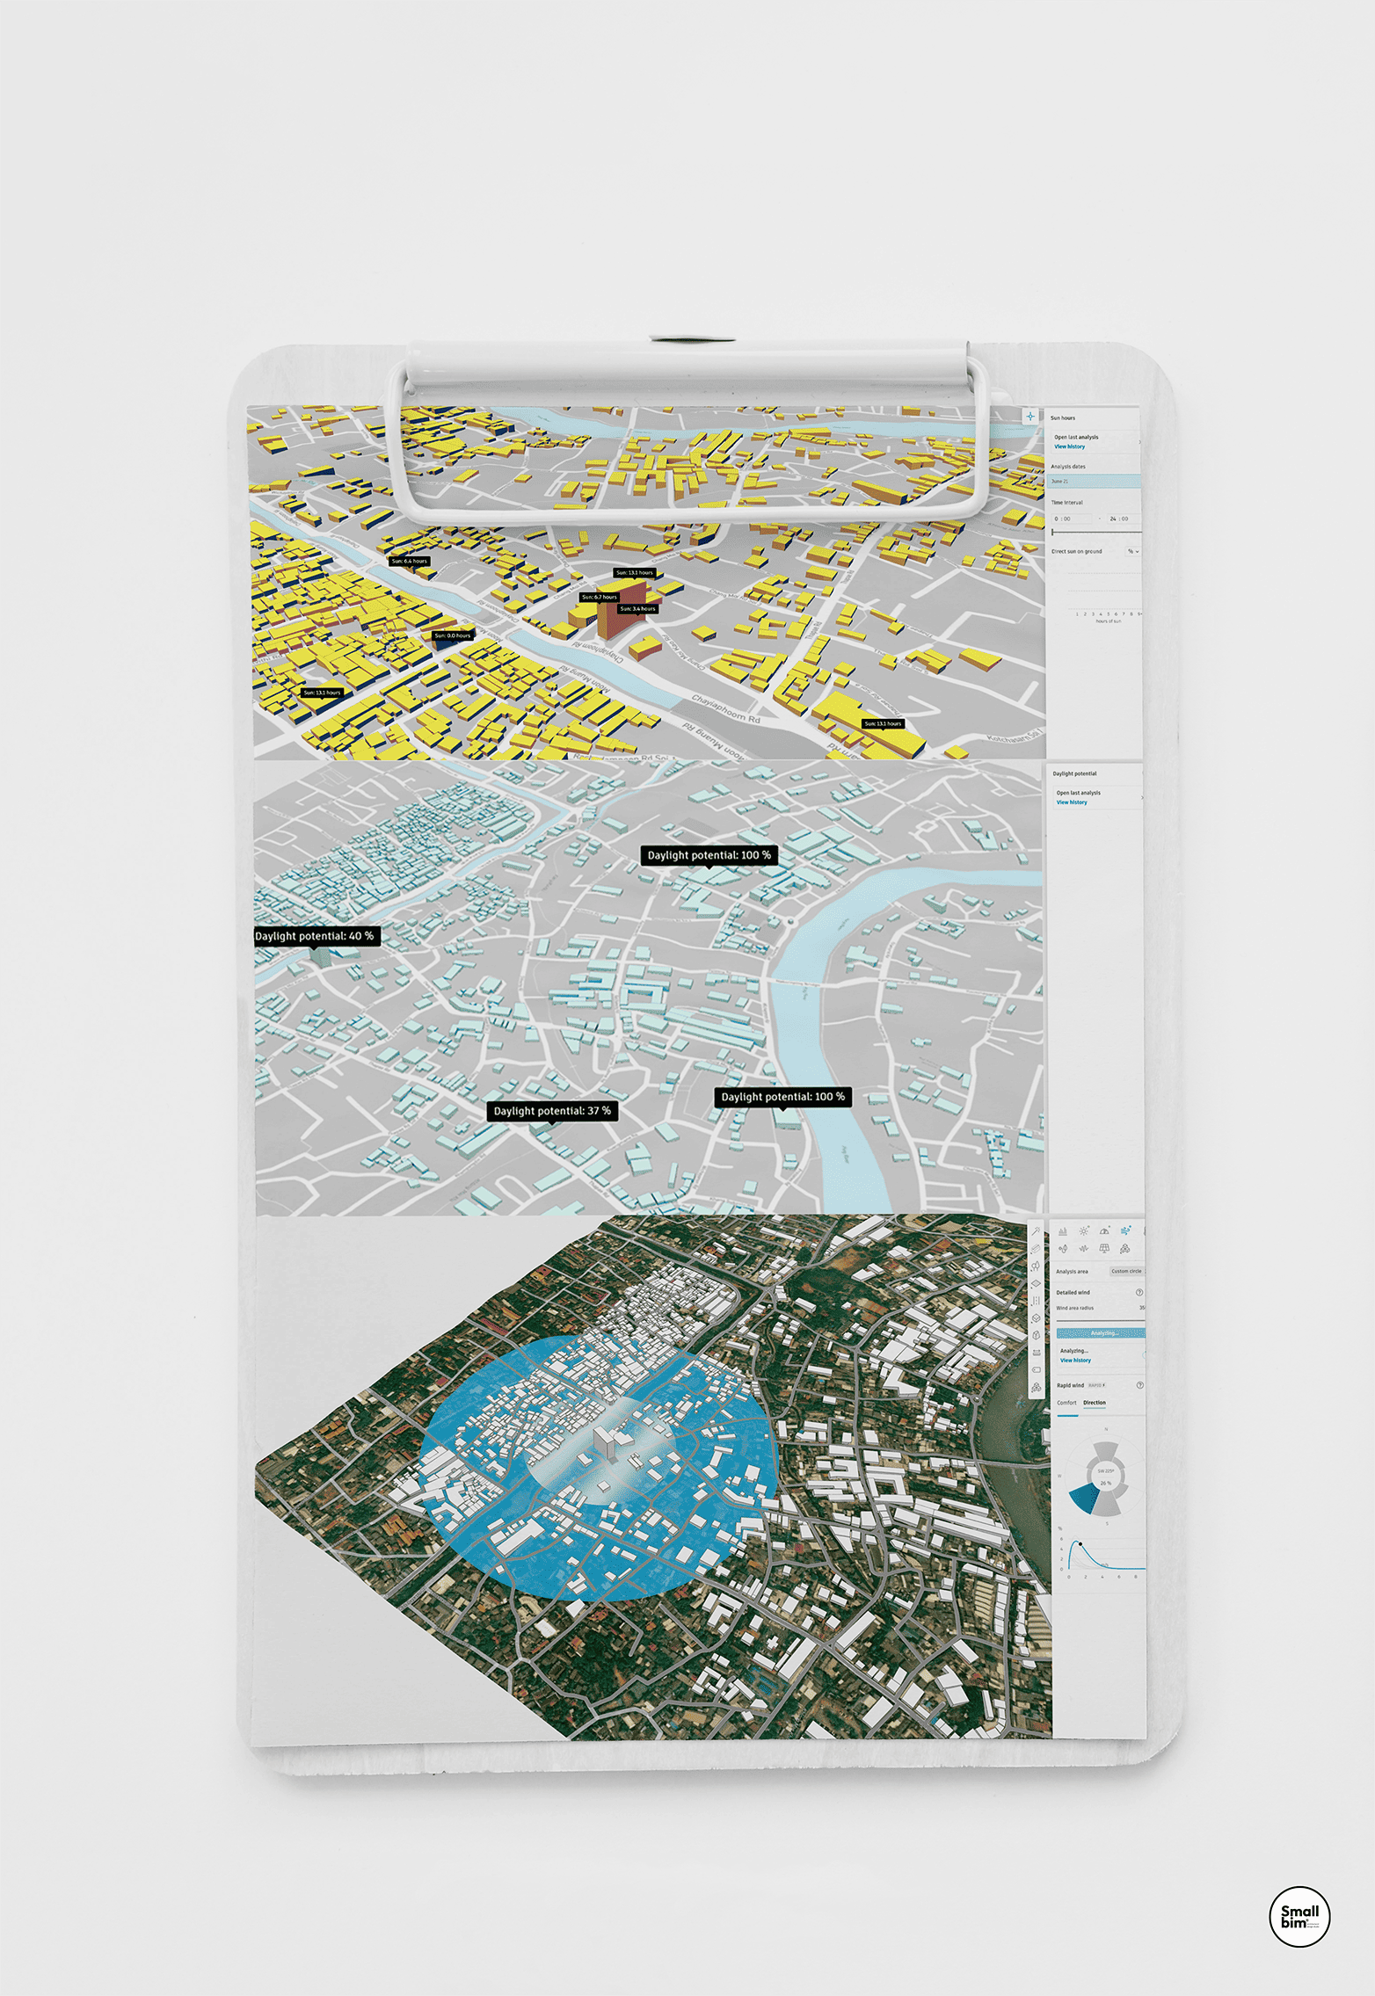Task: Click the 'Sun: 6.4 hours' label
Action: (x=410, y=561)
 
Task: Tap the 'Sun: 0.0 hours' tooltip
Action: (x=453, y=635)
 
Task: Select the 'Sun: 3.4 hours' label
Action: (x=637, y=608)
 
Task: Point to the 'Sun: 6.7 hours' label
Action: (x=600, y=597)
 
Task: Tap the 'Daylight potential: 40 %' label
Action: (x=316, y=936)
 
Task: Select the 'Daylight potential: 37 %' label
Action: (x=552, y=1111)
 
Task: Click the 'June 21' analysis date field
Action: (x=1094, y=482)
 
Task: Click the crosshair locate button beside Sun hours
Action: (x=1030, y=417)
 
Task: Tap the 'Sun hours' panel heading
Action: (x=1063, y=418)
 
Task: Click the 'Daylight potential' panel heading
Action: (x=1074, y=773)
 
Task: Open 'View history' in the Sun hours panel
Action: (x=1070, y=446)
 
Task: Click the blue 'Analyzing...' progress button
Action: (x=1101, y=1333)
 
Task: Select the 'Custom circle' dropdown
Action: (x=1126, y=1271)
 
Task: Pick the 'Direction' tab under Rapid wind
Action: (x=1095, y=1403)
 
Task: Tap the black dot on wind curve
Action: (x=1080, y=1544)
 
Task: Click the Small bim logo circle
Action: (x=1299, y=1916)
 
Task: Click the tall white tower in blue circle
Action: (x=605, y=1441)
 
